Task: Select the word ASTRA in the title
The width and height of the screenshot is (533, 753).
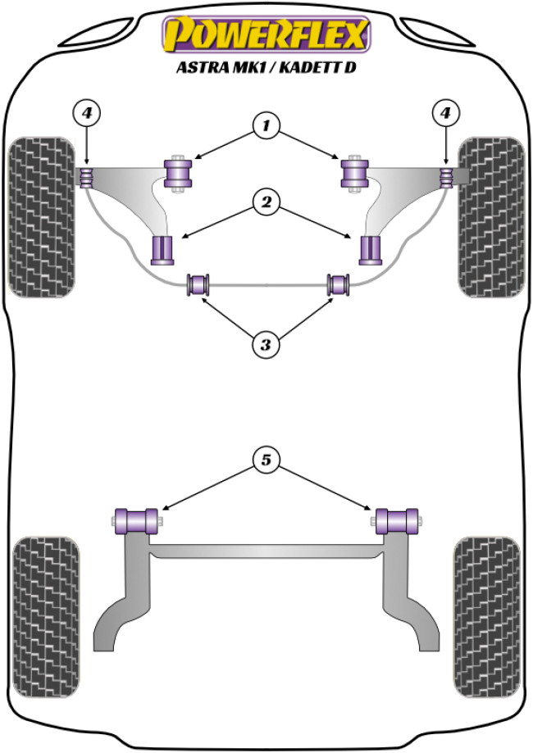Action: pos(202,68)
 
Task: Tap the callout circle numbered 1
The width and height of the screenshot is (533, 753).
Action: pos(266,126)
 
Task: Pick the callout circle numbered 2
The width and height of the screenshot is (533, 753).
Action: pos(266,201)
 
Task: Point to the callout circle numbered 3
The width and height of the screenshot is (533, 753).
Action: pos(266,345)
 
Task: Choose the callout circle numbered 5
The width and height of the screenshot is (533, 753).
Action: pos(266,461)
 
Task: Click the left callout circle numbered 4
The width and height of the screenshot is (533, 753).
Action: pos(87,111)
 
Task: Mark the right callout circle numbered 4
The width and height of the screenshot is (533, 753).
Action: pos(446,111)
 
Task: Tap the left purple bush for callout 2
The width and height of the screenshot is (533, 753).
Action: pos(164,250)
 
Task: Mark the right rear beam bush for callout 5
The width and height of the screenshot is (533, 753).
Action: pos(398,519)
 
